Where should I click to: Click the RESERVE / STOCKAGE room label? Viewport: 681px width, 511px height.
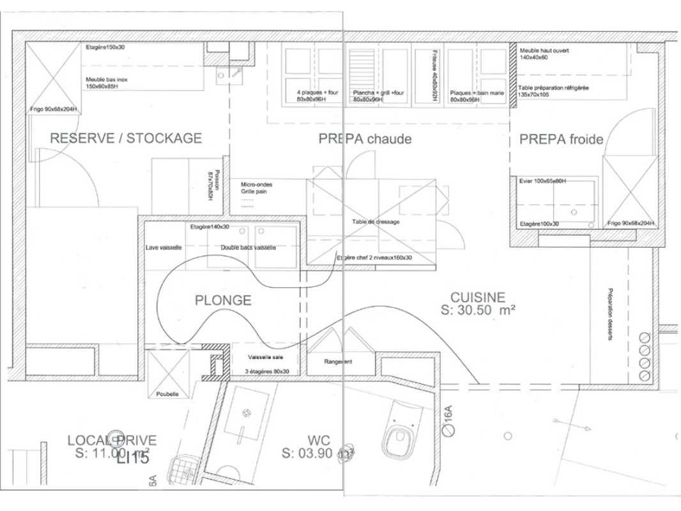point(126,138)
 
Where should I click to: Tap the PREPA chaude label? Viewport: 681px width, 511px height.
point(365,139)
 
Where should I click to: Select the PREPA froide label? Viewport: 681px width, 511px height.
point(561,139)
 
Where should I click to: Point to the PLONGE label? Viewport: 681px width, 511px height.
point(223,300)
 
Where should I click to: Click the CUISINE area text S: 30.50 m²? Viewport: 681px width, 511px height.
point(478,310)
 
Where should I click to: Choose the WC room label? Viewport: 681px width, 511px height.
point(318,441)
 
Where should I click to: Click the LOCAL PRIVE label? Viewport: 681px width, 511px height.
point(112,440)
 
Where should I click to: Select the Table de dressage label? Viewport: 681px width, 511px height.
point(376,222)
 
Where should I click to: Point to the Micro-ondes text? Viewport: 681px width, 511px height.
point(252,184)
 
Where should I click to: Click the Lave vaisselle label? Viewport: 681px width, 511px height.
point(164,247)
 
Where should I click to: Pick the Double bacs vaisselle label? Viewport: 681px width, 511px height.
point(249,247)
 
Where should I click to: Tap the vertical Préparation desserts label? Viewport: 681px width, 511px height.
point(610,313)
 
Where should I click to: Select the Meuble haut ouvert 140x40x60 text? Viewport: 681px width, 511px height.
point(544,54)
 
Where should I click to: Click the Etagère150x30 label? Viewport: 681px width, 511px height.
point(106,47)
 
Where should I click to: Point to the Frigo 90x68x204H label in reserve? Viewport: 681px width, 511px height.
point(54,109)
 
